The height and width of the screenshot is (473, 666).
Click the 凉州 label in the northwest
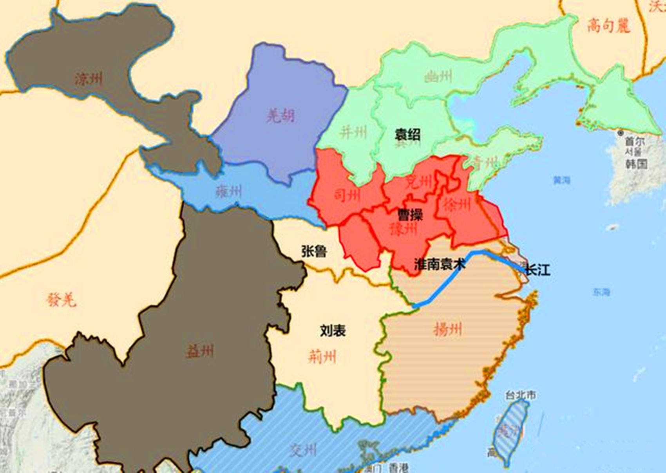[x=89, y=79]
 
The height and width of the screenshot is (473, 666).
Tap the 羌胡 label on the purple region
[x=281, y=116]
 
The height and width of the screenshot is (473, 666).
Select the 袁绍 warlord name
[x=407, y=134]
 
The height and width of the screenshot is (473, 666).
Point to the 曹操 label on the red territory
[x=410, y=215]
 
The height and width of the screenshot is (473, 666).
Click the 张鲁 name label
[x=314, y=251]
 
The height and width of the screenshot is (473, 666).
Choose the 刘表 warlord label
[x=333, y=330]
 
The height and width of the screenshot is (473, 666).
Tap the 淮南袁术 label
[x=440, y=264]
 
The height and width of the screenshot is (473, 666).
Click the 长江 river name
[x=538, y=270]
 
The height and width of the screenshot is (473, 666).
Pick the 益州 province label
[x=200, y=351]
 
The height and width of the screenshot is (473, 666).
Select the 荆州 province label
[x=322, y=357]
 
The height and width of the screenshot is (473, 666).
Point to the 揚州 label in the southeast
[x=448, y=329]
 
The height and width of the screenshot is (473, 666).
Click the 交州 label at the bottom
[x=303, y=450]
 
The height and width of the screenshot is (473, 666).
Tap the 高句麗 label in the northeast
[x=608, y=26]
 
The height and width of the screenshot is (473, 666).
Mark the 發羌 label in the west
[x=61, y=300]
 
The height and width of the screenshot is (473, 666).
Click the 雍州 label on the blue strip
[x=229, y=191]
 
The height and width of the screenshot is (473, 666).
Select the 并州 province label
[x=353, y=132]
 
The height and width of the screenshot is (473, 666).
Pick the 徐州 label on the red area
[x=456, y=204]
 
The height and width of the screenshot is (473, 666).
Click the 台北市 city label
[x=521, y=395]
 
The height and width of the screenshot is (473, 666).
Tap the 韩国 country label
[x=636, y=164]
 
